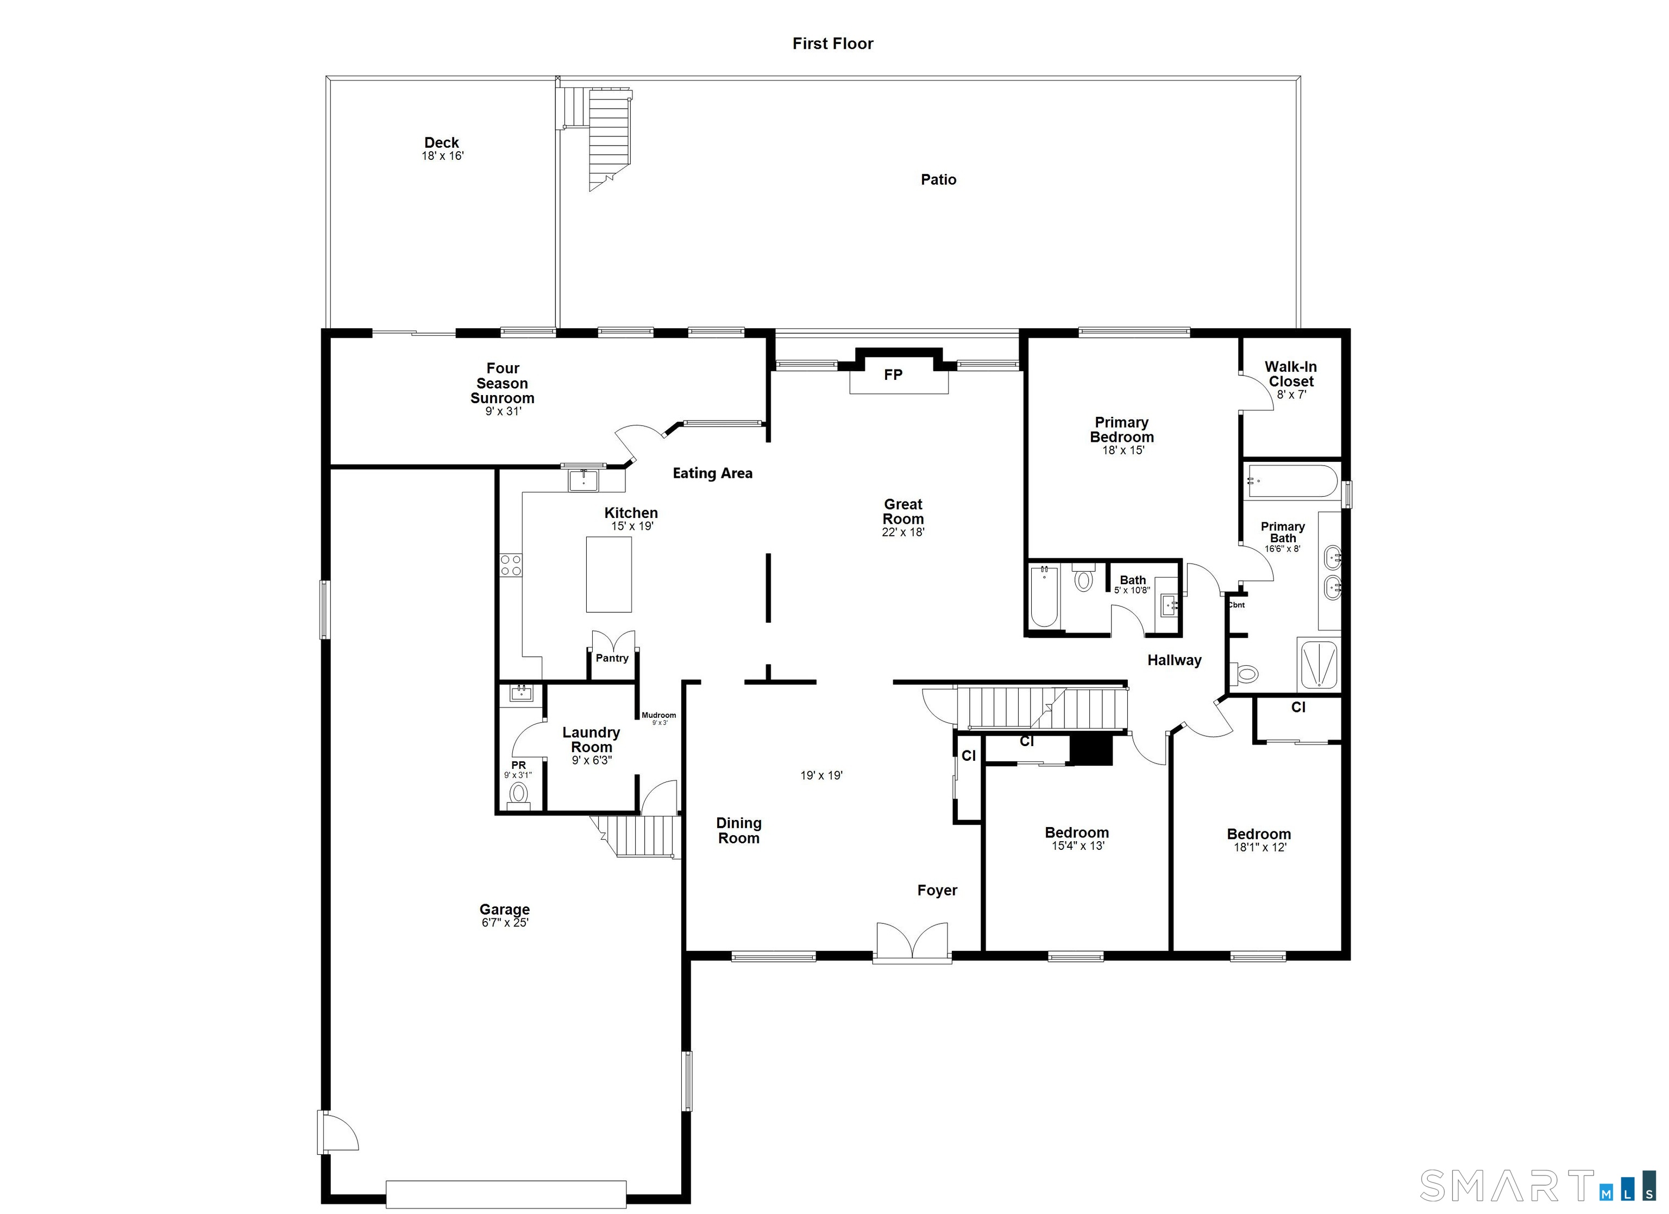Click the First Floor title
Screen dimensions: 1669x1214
pyautogui.click(x=832, y=43)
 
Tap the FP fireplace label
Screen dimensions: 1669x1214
pyautogui.click(x=893, y=375)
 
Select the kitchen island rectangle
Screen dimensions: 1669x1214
pyautogui.click(x=608, y=574)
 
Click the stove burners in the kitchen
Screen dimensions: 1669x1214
pyautogui.click(x=511, y=565)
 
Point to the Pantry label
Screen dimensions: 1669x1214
pyautogui.click(x=612, y=658)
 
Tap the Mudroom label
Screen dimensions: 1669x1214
pyautogui.click(x=658, y=715)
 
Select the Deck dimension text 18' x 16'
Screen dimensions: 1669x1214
pyautogui.click(x=442, y=156)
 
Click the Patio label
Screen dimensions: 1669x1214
pyautogui.click(x=938, y=180)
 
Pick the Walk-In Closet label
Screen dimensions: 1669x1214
pyautogui.click(x=1291, y=374)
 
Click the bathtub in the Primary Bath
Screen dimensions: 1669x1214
pyautogui.click(x=1291, y=481)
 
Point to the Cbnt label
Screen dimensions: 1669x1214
pyautogui.click(x=1237, y=605)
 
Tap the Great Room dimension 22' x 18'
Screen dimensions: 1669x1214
pyautogui.click(x=903, y=532)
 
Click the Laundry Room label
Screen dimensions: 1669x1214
pyautogui.click(x=591, y=740)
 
